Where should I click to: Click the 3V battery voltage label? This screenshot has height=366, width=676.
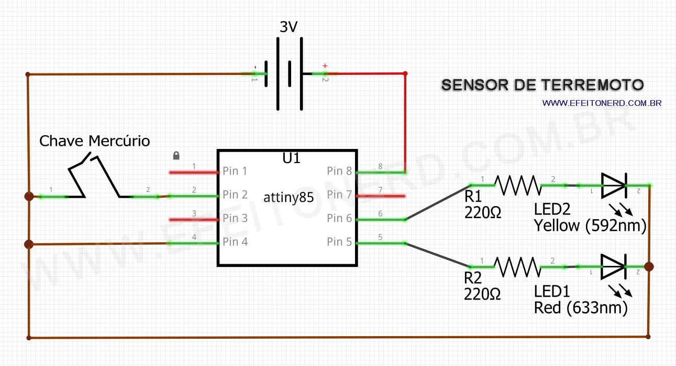point(289,27)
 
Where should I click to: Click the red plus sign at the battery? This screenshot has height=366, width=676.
point(325,66)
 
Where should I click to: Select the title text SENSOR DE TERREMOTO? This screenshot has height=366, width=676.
point(542,85)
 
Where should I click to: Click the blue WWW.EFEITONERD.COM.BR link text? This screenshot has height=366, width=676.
point(602,103)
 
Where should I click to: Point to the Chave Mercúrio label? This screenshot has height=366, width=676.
point(95,141)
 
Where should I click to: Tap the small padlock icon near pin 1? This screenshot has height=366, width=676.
point(176,156)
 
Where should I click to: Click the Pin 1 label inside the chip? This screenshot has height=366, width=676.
point(235,171)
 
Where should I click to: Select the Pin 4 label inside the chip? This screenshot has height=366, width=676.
point(235,242)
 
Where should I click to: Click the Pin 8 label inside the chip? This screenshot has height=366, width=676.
point(339,171)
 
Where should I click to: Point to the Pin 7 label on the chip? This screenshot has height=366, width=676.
point(339,195)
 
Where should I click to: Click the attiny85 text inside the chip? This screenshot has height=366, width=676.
point(288,197)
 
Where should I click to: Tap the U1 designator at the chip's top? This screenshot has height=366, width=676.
point(291,158)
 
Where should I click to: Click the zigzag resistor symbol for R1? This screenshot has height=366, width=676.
point(517,185)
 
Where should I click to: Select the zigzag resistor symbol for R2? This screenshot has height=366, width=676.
point(517,267)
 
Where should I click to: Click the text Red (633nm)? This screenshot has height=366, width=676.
point(580,308)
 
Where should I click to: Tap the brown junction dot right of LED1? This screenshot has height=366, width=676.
point(649,267)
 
